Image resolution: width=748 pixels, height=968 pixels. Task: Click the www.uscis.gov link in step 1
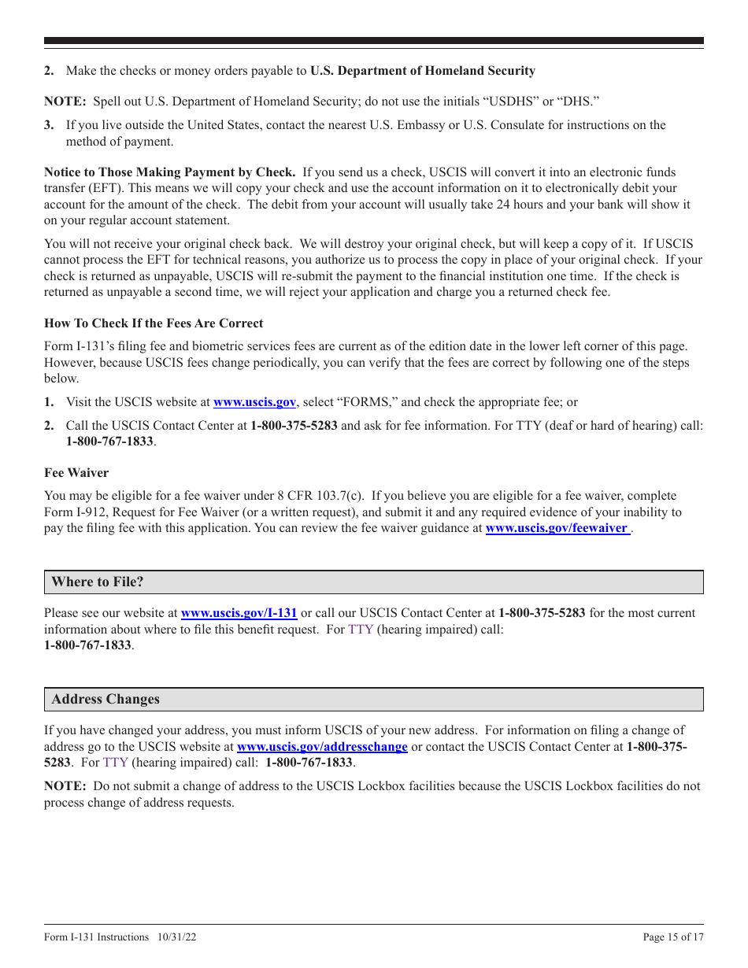click(254, 402)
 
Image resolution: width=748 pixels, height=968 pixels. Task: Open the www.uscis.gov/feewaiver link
click(557, 528)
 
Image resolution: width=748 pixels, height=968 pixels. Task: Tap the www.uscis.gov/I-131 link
click(239, 613)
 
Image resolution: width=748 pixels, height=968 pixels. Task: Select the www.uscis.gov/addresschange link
click(322, 747)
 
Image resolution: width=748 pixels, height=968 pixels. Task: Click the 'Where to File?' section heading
click(98, 582)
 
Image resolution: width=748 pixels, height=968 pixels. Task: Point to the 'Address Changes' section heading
click(106, 700)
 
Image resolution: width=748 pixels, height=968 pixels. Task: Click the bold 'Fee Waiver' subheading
click(76, 473)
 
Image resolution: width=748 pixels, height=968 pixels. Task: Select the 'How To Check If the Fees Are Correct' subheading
click(154, 323)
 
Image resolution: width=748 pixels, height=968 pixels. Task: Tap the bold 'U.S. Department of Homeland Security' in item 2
click(422, 71)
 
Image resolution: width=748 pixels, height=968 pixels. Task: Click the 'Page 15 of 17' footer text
click(673, 937)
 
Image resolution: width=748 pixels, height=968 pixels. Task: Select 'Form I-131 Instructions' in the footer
click(96, 937)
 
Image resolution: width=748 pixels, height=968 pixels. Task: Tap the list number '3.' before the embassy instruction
click(49, 125)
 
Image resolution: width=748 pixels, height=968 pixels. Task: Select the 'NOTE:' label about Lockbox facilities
click(65, 786)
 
